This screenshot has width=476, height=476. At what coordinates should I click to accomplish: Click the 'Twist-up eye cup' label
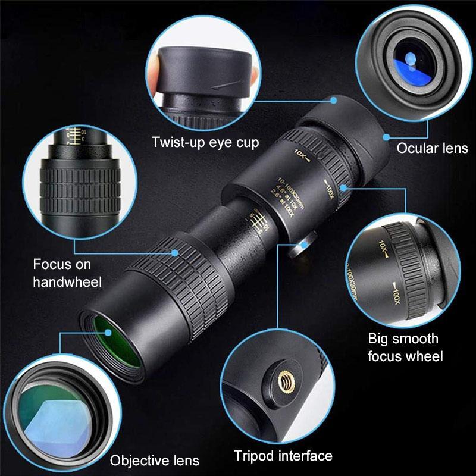click(x=205, y=143)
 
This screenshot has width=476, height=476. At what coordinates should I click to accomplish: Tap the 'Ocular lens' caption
click(x=432, y=148)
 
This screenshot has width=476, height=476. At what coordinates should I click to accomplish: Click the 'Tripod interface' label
click(x=283, y=456)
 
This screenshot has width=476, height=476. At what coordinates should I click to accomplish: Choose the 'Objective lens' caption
click(x=155, y=460)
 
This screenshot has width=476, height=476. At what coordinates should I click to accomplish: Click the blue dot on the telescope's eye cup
click(x=334, y=99)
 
